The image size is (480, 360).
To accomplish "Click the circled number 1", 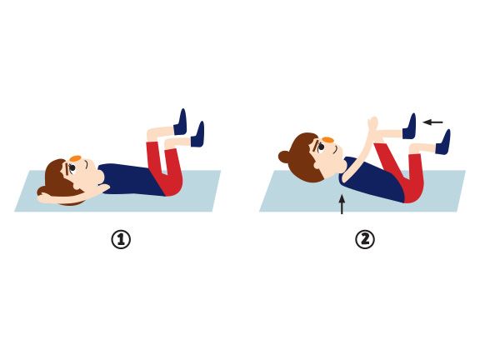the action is click(121, 239).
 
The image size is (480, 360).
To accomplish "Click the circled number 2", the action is click(365, 239).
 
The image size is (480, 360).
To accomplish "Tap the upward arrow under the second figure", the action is click(342, 205).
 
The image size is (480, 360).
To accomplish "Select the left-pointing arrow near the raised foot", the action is click(432, 122).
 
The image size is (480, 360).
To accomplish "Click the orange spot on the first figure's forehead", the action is click(75, 158).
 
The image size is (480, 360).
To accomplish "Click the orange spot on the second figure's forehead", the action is click(327, 140).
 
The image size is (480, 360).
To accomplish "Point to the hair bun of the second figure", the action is click(283, 157).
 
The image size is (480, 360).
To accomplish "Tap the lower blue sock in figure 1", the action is click(198, 135).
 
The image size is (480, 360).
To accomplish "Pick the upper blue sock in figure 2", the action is click(410, 127).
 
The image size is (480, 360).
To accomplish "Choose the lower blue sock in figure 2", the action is click(443, 142).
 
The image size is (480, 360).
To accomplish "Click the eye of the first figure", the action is click(72, 168).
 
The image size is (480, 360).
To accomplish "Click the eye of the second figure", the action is click(321, 147).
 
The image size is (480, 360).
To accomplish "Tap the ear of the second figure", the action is click(318, 165).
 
